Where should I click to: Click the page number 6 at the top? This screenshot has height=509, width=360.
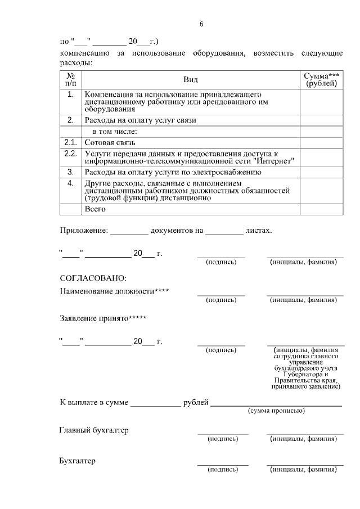coord(201,25)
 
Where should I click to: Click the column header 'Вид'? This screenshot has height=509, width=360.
coord(190,79)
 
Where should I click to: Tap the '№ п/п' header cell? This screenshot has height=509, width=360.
coord(71,79)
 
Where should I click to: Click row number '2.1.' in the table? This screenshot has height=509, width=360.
coord(71,142)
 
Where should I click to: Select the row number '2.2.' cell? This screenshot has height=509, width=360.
coord(71,154)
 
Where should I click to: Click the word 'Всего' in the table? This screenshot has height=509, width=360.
coord(95,209)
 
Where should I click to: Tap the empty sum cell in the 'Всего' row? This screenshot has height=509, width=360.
coord(321,209)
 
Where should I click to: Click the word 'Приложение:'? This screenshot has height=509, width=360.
coord(83,230)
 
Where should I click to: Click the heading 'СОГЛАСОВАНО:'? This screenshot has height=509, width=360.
coord(93,278)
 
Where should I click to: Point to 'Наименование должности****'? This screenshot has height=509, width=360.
coord(114,291)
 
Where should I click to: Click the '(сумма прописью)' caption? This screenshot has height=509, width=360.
coord(276,411)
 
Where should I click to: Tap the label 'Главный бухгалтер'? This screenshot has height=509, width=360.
coord(94,430)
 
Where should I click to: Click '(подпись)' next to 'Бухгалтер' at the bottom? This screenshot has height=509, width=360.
coord(222,469)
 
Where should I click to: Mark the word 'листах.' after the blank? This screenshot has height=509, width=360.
coord(259,230)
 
